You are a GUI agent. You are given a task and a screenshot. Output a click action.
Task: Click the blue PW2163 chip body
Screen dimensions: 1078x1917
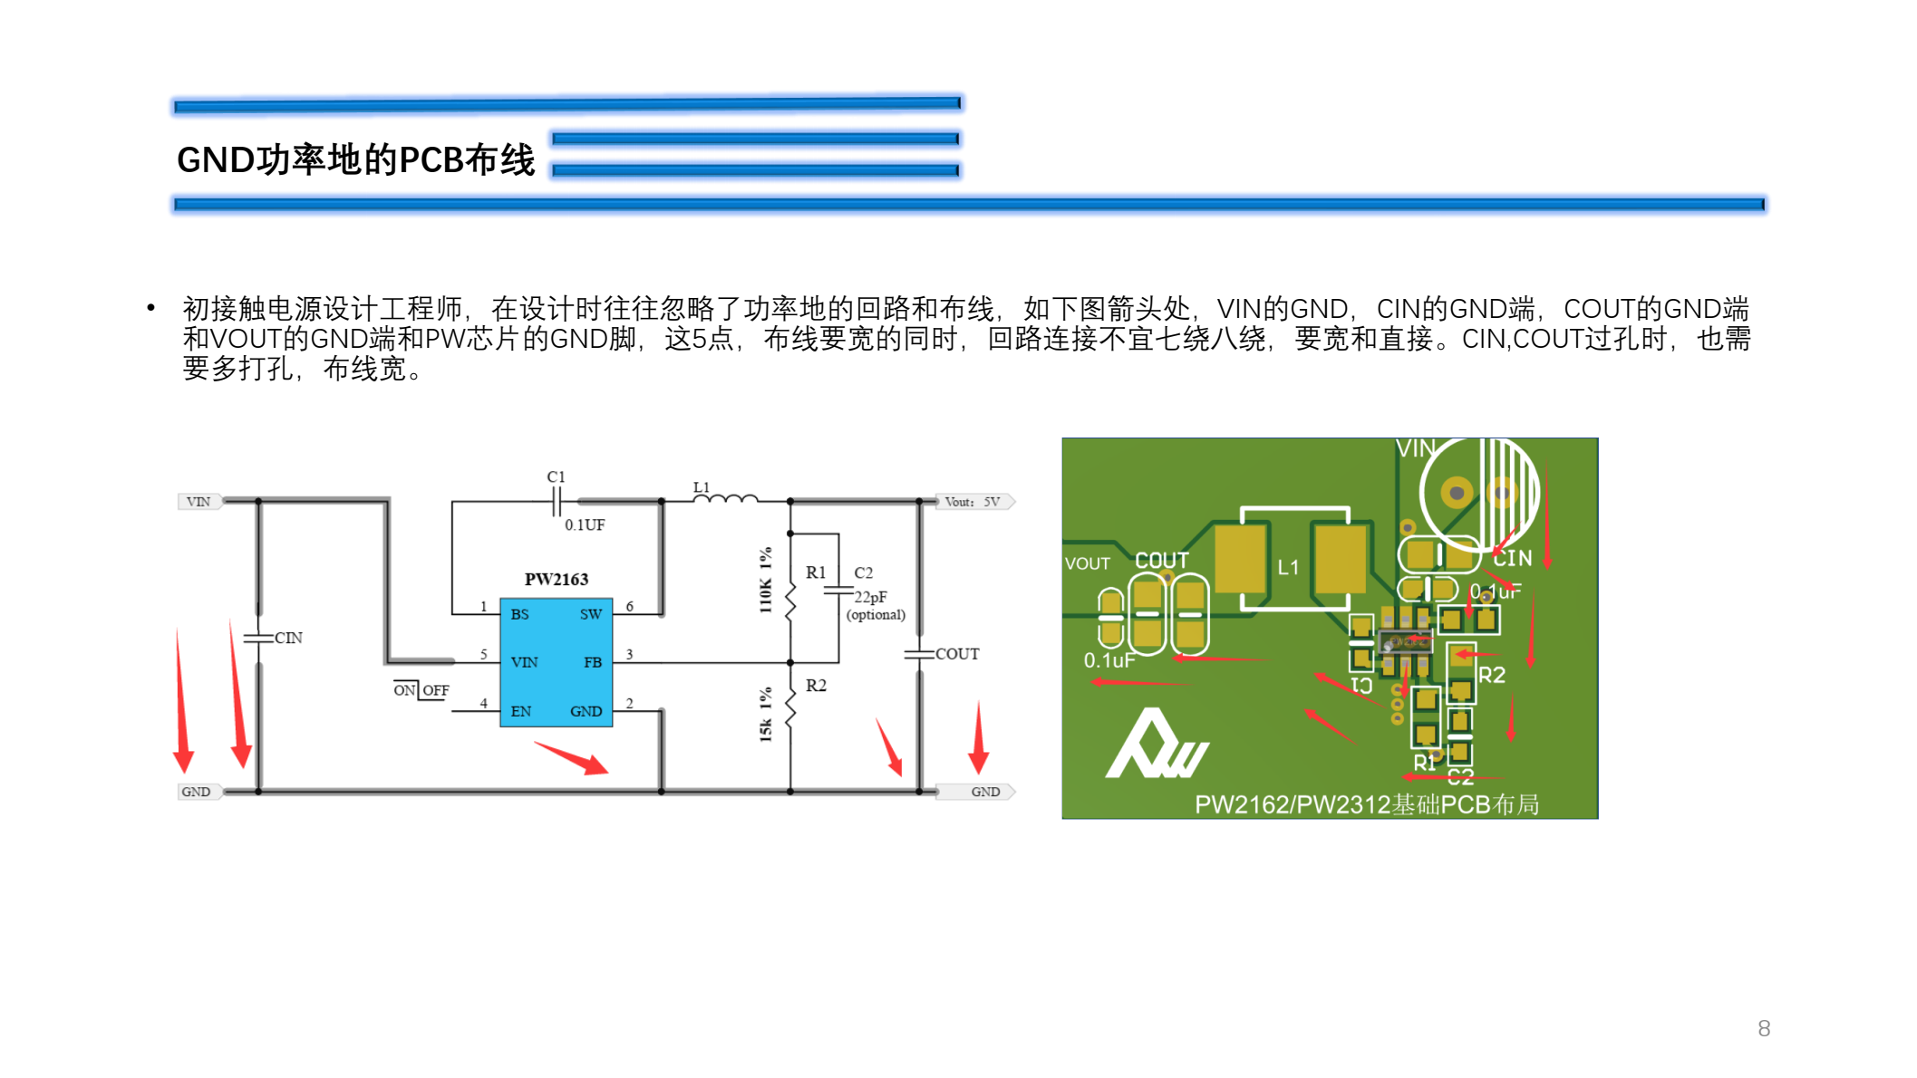(x=556, y=662)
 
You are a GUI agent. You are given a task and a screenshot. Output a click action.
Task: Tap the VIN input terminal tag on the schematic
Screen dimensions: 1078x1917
(x=198, y=502)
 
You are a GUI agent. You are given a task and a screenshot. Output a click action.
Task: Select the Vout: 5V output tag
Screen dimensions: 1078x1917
(x=973, y=502)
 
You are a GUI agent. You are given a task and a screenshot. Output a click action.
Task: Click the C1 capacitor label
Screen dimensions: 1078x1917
(x=556, y=476)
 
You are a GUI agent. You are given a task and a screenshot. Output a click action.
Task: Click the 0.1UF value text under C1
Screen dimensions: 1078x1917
(x=585, y=525)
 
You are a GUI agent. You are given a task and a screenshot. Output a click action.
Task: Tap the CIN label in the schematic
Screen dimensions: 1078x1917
(x=288, y=638)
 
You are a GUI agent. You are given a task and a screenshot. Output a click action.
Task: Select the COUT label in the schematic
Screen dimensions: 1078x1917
(x=957, y=654)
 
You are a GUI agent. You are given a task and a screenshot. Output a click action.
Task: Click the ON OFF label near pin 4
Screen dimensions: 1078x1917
(x=421, y=690)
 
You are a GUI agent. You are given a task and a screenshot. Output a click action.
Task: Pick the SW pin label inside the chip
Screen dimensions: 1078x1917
(x=591, y=614)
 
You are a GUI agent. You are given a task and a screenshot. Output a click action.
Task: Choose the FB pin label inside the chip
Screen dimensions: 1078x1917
(x=593, y=662)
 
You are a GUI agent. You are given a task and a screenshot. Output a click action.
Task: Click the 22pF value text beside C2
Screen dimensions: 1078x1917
(x=870, y=597)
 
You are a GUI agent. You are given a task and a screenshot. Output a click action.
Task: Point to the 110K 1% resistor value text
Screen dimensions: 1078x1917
(x=766, y=580)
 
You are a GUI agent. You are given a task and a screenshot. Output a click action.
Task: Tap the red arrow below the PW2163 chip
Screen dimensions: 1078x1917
(x=571, y=757)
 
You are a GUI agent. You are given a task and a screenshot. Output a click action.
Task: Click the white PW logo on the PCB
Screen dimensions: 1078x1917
(x=1156, y=747)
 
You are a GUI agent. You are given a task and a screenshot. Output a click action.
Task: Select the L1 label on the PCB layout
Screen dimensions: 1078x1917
(x=1288, y=568)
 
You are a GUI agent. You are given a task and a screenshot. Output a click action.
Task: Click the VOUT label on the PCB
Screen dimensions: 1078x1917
(x=1087, y=563)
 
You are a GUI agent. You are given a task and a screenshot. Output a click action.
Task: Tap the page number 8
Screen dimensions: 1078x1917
(x=1763, y=1028)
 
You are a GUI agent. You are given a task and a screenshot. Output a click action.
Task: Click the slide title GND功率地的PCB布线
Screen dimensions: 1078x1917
(x=355, y=160)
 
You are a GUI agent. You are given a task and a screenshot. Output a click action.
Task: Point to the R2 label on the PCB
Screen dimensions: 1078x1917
(x=1491, y=675)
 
